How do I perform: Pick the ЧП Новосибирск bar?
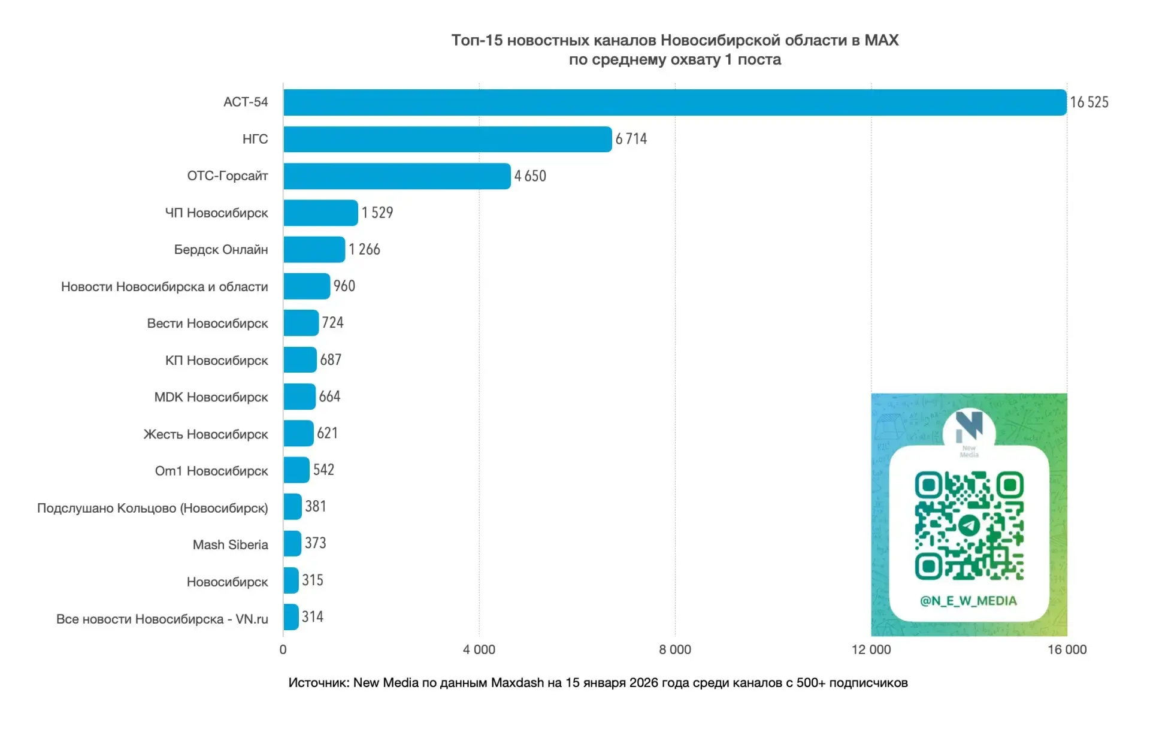[x=320, y=213]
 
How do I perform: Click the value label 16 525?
[x=1089, y=102]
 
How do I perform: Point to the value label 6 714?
[x=631, y=139]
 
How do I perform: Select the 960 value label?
[x=344, y=286]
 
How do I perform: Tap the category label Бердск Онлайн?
[x=221, y=250]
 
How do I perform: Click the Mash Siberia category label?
[x=230, y=545]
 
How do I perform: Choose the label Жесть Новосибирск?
[x=205, y=434]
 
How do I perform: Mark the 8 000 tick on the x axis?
[x=675, y=649]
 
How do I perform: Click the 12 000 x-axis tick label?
[x=871, y=649]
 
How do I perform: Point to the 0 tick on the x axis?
[x=283, y=649]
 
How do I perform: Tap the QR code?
[x=969, y=526]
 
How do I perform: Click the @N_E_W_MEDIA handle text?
[x=969, y=601]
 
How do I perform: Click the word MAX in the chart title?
[x=881, y=40]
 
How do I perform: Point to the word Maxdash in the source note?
[x=517, y=683]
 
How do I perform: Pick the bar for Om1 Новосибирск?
[x=296, y=470]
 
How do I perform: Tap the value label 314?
[x=313, y=617]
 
